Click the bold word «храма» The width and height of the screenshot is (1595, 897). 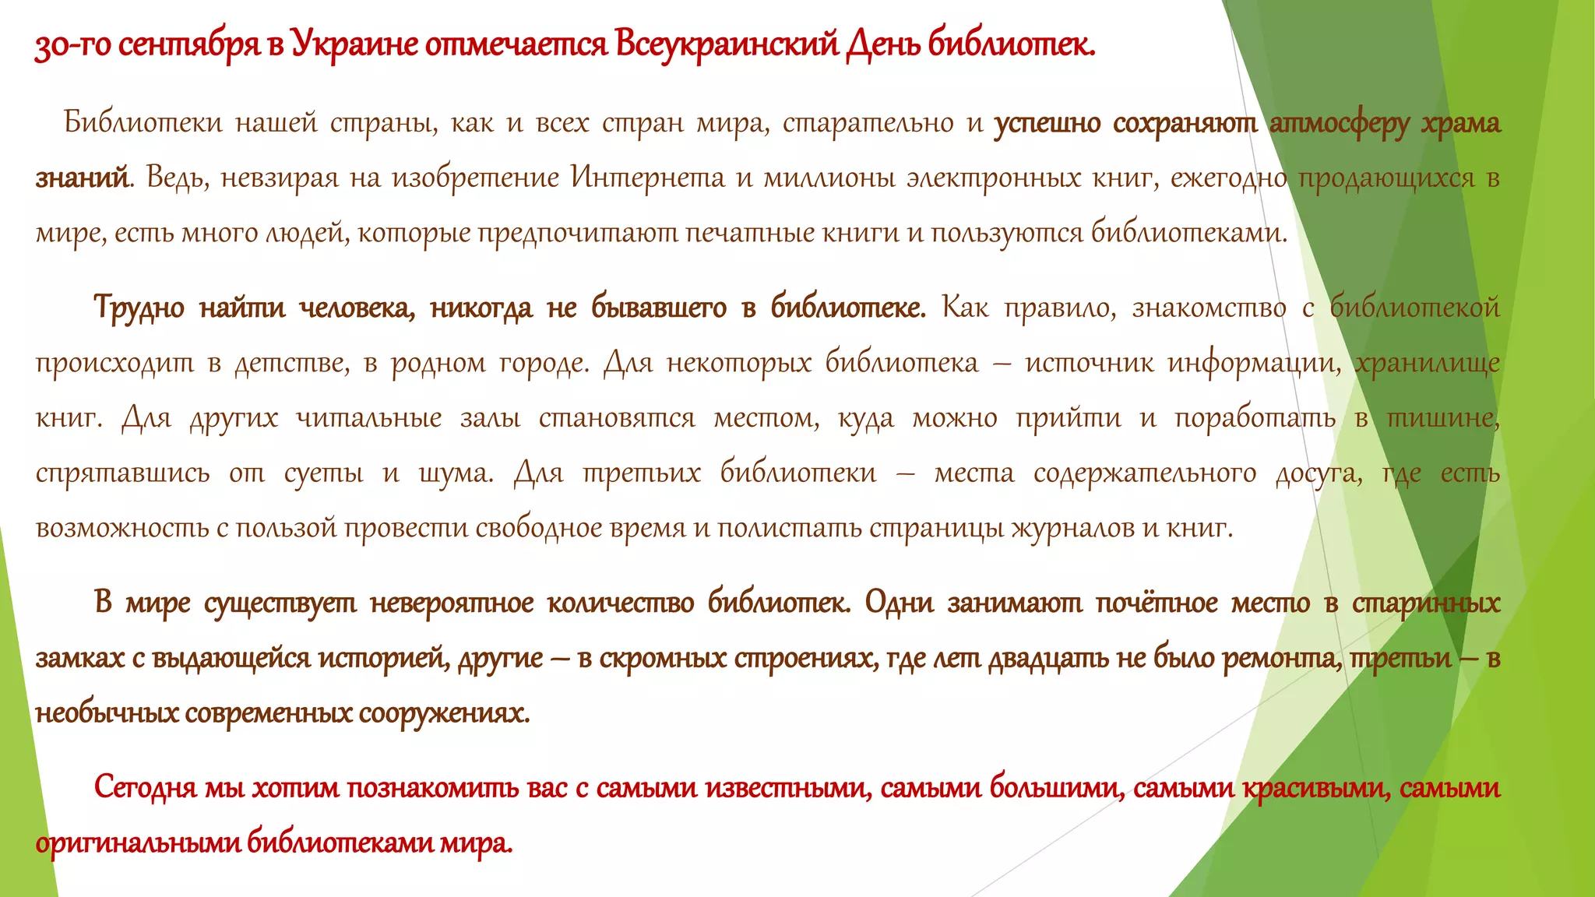[x=1461, y=124]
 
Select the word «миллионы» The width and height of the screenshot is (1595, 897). [x=827, y=178]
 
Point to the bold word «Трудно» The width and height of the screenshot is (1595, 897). [x=139, y=308]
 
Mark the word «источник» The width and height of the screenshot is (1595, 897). [x=1089, y=363]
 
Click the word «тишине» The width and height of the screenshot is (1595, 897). [x=1443, y=418]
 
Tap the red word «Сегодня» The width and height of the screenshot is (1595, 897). [x=145, y=789]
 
